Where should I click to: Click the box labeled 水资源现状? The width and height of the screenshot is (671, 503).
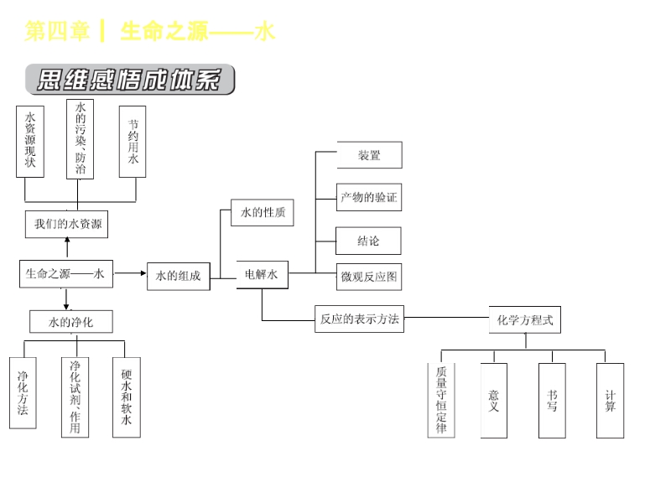point(30,141)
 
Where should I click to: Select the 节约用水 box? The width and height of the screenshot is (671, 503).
point(133,141)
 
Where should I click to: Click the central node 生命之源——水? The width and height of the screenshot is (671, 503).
point(66,273)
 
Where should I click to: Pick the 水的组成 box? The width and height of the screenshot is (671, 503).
point(178,277)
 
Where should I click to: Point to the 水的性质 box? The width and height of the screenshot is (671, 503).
point(263,213)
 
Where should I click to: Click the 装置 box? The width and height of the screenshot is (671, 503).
point(369,155)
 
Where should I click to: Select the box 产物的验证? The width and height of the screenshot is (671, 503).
point(369,198)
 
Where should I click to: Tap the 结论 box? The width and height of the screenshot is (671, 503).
point(369,241)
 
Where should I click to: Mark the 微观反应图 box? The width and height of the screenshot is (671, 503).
point(369,277)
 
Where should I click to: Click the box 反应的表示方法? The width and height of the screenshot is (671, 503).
point(359,319)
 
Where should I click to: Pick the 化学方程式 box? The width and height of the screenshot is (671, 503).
point(525,319)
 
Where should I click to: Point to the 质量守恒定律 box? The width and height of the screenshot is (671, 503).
point(441,400)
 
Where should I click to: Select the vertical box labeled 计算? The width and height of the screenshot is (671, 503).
point(611,400)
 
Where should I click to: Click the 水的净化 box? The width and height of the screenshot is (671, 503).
point(71,322)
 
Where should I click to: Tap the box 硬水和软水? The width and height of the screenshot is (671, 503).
point(127,397)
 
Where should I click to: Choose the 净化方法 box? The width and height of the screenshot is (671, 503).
point(23,392)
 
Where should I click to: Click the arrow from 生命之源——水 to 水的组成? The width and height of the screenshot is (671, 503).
point(130,274)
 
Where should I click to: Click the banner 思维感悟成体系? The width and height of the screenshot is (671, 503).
point(130,80)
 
